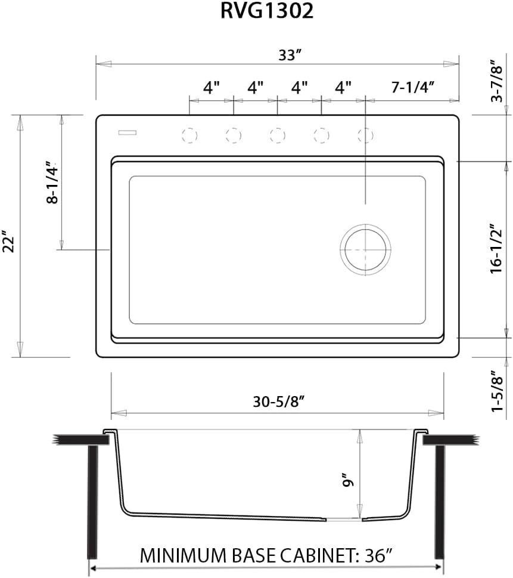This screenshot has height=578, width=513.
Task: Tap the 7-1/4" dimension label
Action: [x=412, y=87]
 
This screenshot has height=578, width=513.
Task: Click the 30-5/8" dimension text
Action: [x=279, y=402]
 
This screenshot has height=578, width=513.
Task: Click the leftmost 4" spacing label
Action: [x=212, y=88]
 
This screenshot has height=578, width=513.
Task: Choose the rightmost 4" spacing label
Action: [x=343, y=88]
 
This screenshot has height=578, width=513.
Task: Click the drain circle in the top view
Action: [x=365, y=250]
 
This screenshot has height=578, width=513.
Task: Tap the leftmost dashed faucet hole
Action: [x=189, y=135]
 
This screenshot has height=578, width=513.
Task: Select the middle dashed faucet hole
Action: [x=277, y=135]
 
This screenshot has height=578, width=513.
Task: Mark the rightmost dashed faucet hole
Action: [x=365, y=135]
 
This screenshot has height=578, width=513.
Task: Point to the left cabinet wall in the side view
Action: [x=92, y=501]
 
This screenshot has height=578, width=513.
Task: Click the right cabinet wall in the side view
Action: [x=440, y=501]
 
